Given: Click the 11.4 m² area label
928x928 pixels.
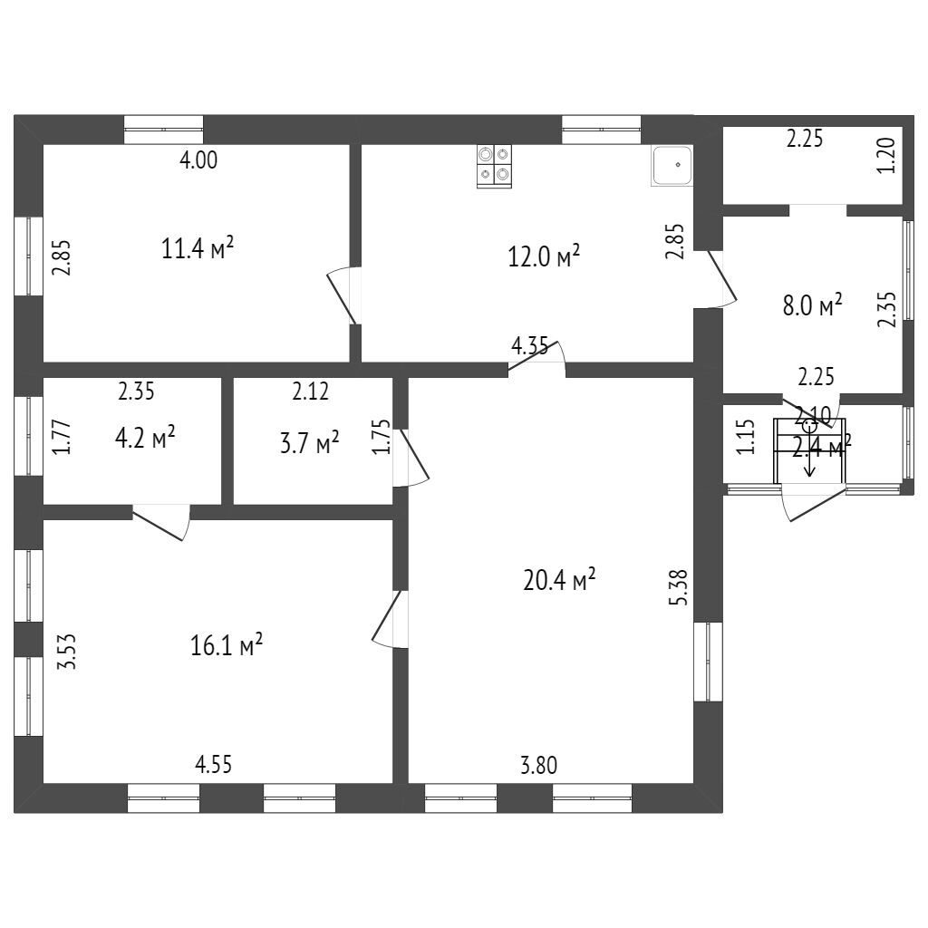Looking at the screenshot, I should click(x=198, y=248).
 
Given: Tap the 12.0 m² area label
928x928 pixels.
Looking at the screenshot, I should click(x=544, y=256).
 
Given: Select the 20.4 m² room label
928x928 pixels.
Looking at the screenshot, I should click(x=559, y=580).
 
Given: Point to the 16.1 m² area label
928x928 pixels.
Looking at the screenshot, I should click(x=227, y=645).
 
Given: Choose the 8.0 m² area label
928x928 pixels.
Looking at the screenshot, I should click(x=812, y=305).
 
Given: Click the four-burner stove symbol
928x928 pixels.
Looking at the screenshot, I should click(x=494, y=166).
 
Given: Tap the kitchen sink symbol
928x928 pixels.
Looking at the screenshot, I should click(x=672, y=165).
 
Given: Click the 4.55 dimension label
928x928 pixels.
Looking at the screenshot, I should click(x=214, y=764).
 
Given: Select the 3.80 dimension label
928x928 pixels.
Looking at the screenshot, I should click(x=538, y=765).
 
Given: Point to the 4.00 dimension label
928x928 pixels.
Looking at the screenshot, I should click(x=199, y=161).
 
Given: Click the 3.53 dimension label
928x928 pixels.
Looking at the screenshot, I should click(x=65, y=652).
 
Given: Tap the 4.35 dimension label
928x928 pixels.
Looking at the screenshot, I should click(x=529, y=345).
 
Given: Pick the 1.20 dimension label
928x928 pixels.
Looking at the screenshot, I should click(x=887, y=154).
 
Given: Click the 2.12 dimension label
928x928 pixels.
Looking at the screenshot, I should click(x=310, y=391).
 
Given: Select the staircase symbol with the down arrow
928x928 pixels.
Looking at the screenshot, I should click(x=809, y=450).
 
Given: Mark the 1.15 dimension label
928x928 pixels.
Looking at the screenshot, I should click(x=745, y=438).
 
